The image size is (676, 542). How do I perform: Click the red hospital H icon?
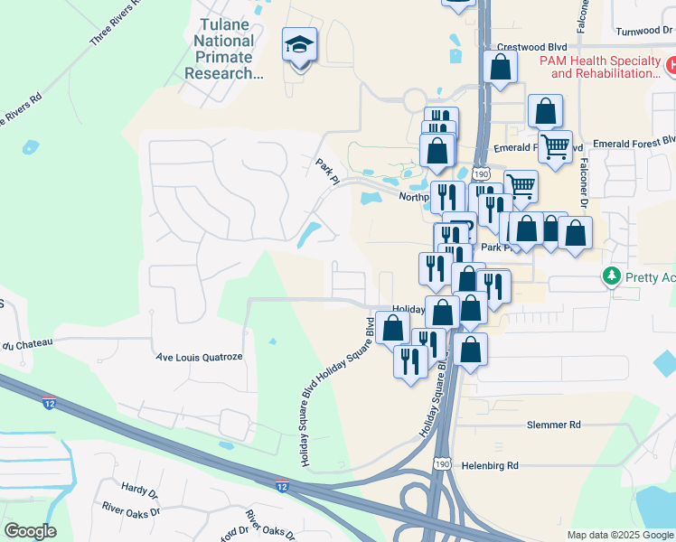(x=671, y=65)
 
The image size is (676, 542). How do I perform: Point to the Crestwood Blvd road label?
(x=531, y=46)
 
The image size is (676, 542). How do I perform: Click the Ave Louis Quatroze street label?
(x=200, y=357)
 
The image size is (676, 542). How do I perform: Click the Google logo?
(x=30, y=531)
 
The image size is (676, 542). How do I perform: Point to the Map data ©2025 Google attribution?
(x=619, y=535)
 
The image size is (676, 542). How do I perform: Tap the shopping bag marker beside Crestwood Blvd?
(x=500, y=67)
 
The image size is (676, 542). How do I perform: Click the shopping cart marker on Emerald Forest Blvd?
(x=554, y=144)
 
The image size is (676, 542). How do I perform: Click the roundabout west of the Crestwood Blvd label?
(x=418, y=99)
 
